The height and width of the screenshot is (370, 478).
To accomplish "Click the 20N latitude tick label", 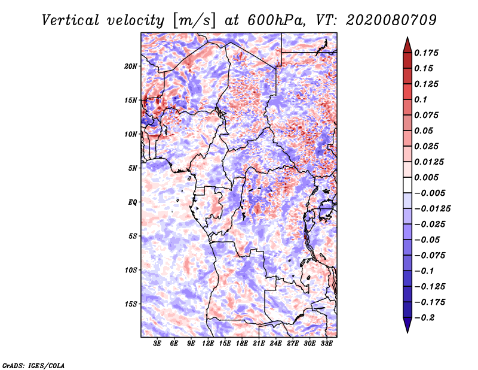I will pyautogui.click(x=131, y=66).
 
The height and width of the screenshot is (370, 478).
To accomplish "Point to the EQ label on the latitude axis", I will pyautogui.click(x=132, y=202).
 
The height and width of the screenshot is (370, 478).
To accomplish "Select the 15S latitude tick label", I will pyautogui.click(x=131, y=304).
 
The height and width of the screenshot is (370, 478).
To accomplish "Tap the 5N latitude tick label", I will pyautogui.click(x=132, y=168).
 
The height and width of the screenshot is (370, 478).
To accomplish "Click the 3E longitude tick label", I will pyautogui.click(x=158, y=344).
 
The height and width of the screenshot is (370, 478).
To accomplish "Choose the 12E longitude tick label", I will pyautogui.click(x=209, y=344).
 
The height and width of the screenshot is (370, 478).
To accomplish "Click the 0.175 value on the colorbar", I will pyautogui.click(x=427, y=53).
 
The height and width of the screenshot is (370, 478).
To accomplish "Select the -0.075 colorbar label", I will pyautogui.click(x=430, y=255).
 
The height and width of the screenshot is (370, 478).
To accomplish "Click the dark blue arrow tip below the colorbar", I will pyautogui.click(x=407, y=329).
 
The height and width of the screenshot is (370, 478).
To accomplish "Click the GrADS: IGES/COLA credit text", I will pyautogui.click(x=33, y=365).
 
